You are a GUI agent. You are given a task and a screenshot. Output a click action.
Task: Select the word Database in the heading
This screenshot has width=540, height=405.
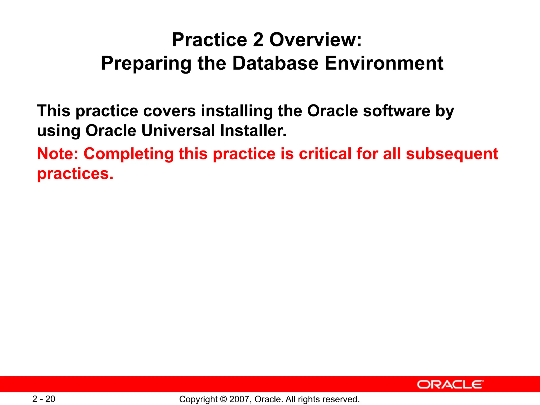click(x=275, y=63)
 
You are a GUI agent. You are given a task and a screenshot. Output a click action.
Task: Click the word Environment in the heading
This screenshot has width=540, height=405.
click(x=384, y=63)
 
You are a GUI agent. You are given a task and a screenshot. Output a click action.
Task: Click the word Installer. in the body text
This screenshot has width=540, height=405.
click(x=253, y=131)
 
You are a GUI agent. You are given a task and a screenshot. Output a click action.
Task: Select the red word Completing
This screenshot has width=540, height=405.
click(x=128, y=154)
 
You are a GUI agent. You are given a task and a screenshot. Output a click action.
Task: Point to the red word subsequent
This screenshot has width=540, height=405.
click(x=452, y=154)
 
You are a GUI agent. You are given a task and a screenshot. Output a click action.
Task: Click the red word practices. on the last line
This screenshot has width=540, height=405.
click(x=75, y=174)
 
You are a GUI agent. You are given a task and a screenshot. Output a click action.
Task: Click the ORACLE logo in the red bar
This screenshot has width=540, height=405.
click(x=450, y=384)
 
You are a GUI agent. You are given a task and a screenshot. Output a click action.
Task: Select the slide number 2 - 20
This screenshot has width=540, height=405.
click(x=44, y=399)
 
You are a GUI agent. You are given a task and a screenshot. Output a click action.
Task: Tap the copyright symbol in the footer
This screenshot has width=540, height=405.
click(x=223, y=399)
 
